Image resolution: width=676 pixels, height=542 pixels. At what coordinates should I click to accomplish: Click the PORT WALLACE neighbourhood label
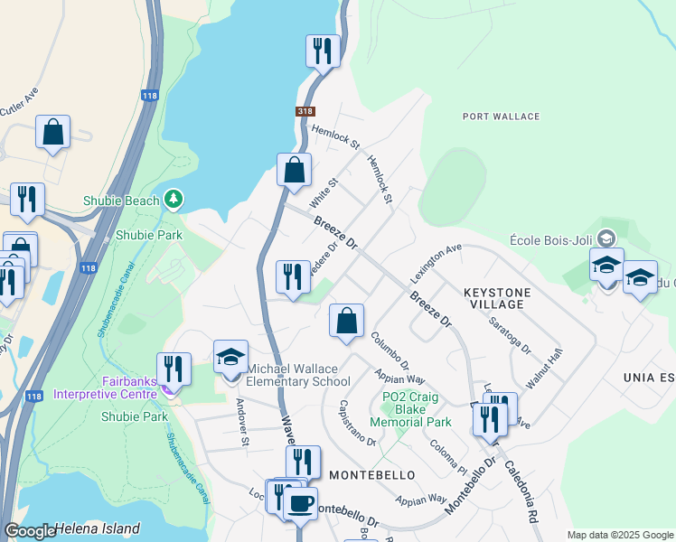pyautogui.click(x=501, y=117)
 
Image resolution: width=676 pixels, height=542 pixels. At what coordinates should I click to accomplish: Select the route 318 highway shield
pyautogui.click(x=305, y=111)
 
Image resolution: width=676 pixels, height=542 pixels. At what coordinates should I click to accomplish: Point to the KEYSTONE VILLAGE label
pyautogui.click(x=493, y=299)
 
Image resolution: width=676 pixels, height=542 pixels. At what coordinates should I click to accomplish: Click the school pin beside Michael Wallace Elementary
pyautogui.click(x=230, y=356)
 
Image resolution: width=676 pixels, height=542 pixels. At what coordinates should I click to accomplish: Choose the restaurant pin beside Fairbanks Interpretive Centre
pyautogui.click(x=174, y=369)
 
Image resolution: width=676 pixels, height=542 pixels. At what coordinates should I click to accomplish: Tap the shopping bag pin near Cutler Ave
pyautogui.click(x=53, y=132)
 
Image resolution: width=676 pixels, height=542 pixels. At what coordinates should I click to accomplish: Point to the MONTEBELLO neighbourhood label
pyautogui.click(x=371, y=475)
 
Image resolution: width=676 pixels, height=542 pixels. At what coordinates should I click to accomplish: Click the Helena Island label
pyautogui.click(x=97, y=529)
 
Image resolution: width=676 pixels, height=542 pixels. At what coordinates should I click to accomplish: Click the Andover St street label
pyautogui.click(x=242, y=422)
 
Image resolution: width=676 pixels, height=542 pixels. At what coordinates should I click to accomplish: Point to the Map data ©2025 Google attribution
pyautogui.click(x=620, y=535)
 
